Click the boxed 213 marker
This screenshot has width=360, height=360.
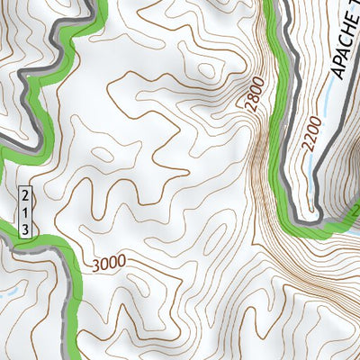tap(26, 211)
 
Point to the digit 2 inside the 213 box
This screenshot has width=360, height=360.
tap(26, 195)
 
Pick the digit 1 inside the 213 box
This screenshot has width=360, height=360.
tap(26, 211)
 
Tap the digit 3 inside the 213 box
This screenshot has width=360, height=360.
tap(26, 229)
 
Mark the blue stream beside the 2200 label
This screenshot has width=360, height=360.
tap(313, 166)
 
